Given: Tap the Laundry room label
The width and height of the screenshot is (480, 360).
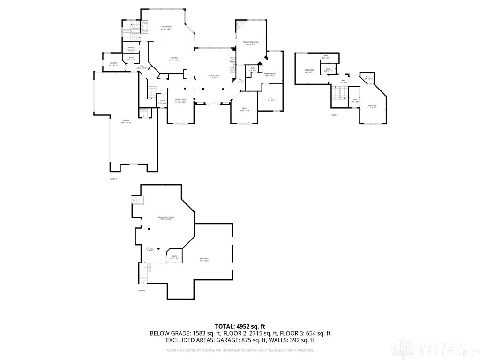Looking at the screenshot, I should coord(113,64).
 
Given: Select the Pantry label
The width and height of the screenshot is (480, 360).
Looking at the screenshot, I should coord(131,48).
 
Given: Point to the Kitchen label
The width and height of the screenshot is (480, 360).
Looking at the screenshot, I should coord(174,59).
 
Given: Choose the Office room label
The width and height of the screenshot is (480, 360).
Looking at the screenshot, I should coord(245,109).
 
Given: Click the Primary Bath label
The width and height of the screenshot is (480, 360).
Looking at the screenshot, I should coord(269,75).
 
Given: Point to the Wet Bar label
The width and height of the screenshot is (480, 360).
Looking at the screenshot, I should coord(149,249).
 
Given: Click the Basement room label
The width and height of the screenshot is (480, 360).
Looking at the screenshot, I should coord(204,259).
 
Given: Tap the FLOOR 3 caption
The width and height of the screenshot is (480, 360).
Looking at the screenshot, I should coord(334,115).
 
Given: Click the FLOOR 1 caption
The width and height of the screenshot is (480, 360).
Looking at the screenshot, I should coord(142,291).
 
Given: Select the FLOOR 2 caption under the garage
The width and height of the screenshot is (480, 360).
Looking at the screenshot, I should coord(113,179).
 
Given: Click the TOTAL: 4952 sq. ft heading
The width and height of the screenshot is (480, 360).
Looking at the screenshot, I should coord(240,326).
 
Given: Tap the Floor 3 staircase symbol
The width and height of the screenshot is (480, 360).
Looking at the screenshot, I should coord(338,93).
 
